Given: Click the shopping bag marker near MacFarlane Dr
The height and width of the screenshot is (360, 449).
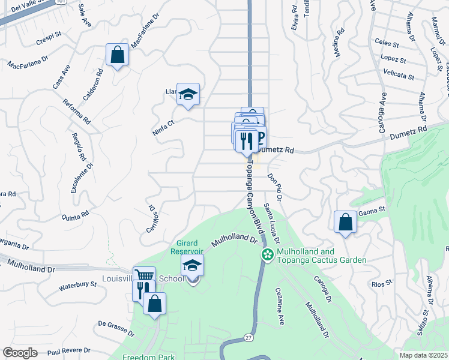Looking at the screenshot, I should [x=118, y=55].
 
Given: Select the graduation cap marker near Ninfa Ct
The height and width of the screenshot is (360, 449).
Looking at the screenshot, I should [x=188, y=94].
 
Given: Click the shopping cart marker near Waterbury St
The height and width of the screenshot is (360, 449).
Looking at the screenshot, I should [x=145, y=277].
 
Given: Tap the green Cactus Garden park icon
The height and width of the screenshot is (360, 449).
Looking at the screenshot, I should [x=267, y=255].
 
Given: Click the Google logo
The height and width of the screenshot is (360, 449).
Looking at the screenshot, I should [x=20, y=353].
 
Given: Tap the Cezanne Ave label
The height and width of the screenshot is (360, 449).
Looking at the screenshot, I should [x=280, y=307].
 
